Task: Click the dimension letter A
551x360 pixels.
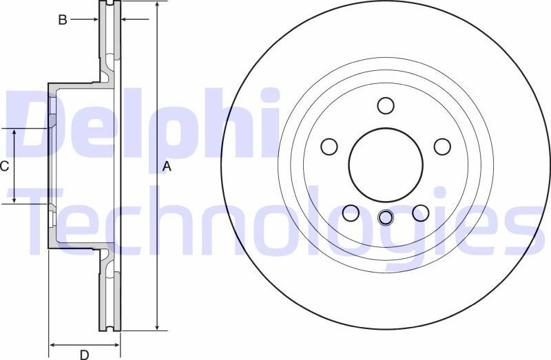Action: (x=166, y=166)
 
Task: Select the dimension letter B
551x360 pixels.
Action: (x=62, y=20)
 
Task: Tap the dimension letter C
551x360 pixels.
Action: (x=4, y=166)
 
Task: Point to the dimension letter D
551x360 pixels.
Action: (x=84, y=354)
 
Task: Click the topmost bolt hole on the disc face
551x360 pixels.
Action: (x=386, y=105)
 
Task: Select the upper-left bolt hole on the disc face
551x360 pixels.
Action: (x=330, y=146)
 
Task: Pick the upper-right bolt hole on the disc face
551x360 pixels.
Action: (x=442, y=146)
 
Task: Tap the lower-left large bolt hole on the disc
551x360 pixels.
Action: (x=351, y=213)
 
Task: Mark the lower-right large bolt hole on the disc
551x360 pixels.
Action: (x=421, y=213)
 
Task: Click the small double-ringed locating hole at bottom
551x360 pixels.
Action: (x=386, y=218)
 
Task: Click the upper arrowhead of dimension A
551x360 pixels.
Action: (x=158, y=6)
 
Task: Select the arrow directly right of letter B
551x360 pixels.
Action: (x=93, y=20)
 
